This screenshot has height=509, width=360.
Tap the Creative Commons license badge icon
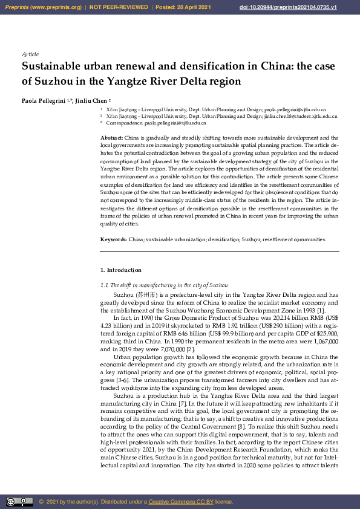tap(19, 501)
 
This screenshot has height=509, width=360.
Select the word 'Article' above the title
tap(30, 54)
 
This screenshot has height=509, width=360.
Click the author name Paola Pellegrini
tap(45, 100)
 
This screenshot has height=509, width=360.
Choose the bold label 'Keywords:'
tap(114, 239)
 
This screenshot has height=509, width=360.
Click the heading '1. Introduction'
tap(121, 270)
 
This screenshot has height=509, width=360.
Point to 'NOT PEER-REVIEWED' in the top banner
tap(119, 7)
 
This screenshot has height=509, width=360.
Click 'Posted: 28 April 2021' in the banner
tap(183, 7)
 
